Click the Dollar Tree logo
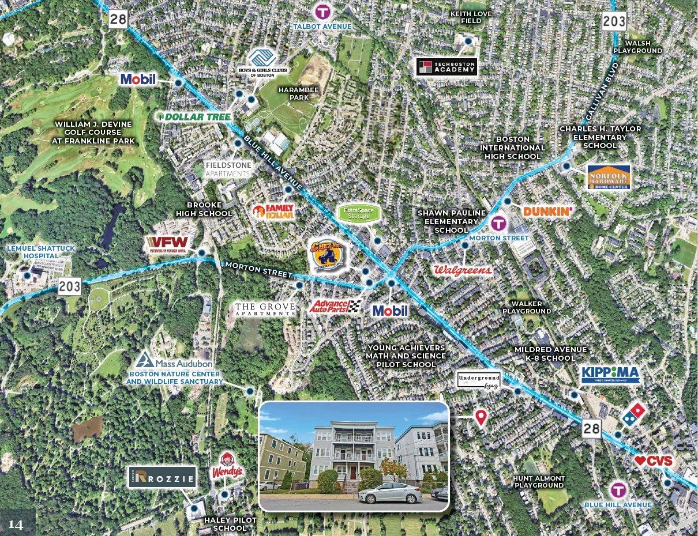(195, 117)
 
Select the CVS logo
(654, 461)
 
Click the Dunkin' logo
(547, 212)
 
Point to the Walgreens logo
(463, 270)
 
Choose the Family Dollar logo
(273, 212)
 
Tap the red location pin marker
(481, 417)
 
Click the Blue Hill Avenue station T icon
(618, 490)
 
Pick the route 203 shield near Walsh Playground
(614, 21)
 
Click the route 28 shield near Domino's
(591, 428)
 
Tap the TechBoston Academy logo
(447, 67)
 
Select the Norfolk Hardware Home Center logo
(609, 178)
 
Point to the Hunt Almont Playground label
(539, 482)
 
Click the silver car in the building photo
(390, 493)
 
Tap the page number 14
(16, 524)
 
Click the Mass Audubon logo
(175, 362)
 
